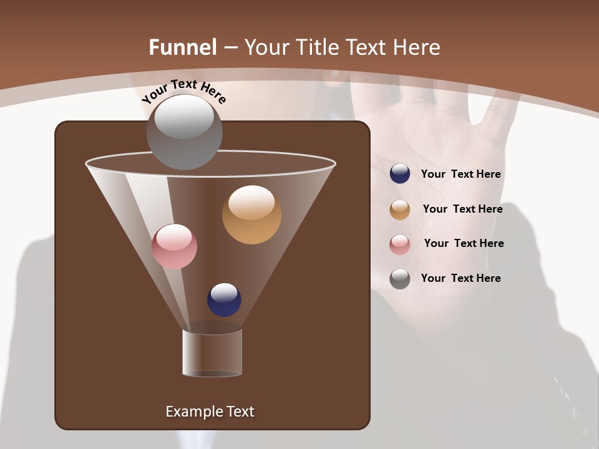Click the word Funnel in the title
point(183,47)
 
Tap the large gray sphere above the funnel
point(185,132)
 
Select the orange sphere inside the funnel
point(251,215)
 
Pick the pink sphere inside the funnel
point(174,246)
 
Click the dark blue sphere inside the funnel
point(224,300)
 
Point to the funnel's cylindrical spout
point(212,353)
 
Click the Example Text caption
point(210,412)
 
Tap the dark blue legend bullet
point(400,174)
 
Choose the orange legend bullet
point(400,210)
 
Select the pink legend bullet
point(400,244)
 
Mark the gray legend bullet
point(400,279)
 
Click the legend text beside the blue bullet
point(460,174)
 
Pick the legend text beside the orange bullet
point(462,209)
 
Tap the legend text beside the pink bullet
point(464,243)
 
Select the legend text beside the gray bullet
point(460,278)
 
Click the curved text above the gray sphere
point(183,90)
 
